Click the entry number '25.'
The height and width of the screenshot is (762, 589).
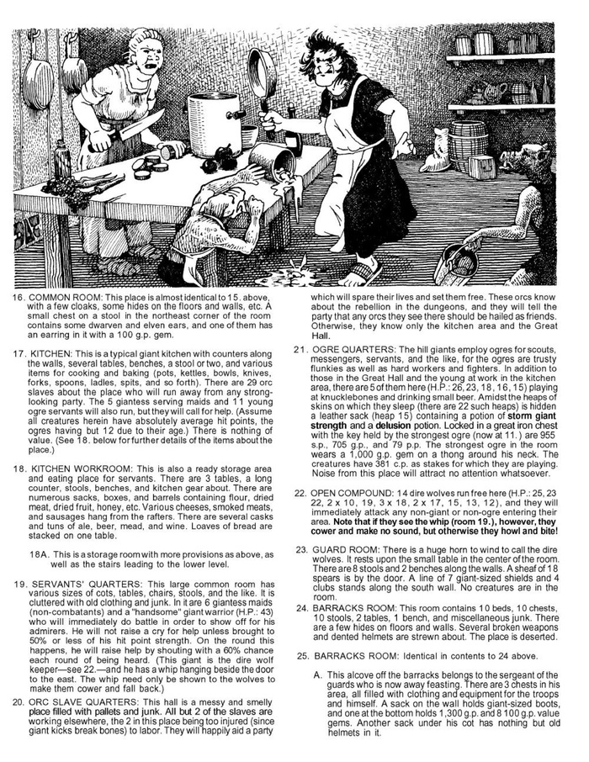(303, 654)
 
